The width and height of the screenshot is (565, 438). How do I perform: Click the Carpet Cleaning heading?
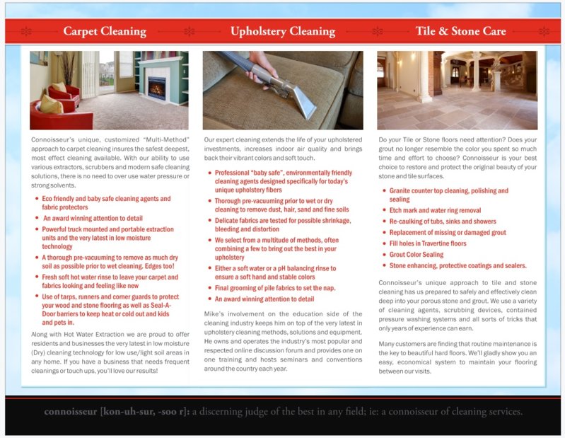click(x=104, y=31)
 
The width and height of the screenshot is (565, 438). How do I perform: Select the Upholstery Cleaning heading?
click(x=282, y=31)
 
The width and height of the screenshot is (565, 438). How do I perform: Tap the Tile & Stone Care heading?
click(x=460, y=31)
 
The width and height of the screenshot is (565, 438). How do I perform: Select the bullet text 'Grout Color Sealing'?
click(x=417, y=255)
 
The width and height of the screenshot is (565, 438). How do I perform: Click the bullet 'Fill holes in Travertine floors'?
click(x=428, y=243)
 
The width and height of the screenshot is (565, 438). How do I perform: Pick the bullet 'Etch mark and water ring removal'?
click(x=435, y=211)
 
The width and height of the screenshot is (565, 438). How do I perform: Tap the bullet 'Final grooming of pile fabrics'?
click(x=274, y=288)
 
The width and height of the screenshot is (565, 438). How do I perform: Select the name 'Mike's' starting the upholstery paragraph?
click(x=214, y=311)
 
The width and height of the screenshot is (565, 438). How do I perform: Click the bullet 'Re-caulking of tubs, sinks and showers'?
click(x=442, y=221)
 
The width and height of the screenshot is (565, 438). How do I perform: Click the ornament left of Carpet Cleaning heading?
click(x=27, y=31)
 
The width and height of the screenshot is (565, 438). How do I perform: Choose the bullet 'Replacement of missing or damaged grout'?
click(x=448, y=233)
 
